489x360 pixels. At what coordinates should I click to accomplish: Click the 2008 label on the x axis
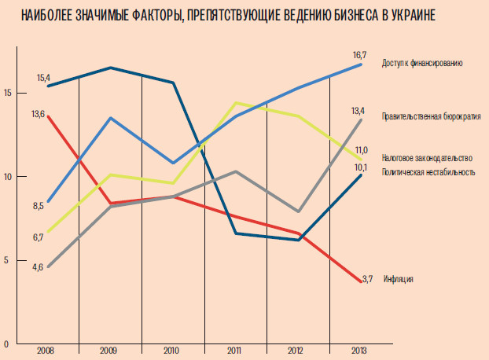click(x=46, y=351)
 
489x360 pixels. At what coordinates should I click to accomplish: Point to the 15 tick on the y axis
click(x=6, y=93)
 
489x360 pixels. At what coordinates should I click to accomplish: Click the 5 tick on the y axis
click(x=6, y=260)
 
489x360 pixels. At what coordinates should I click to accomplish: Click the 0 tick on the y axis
click(x=6, y=344)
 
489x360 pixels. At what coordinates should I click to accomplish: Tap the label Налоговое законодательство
click(x=428, y=157)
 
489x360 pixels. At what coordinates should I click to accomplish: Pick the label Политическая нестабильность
click(x=428, y=171)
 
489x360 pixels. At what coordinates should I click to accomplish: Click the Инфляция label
click(x=399, y=279)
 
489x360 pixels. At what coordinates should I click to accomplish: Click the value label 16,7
click(x=360, y=55)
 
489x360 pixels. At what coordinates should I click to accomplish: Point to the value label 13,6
click(x=38, y=114)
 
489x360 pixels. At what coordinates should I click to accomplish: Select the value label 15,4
click(x=43, y=78)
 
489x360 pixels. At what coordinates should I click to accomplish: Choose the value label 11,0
click(x=362, y=149)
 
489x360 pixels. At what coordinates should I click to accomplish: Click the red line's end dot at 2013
click(x=361, y=281)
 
